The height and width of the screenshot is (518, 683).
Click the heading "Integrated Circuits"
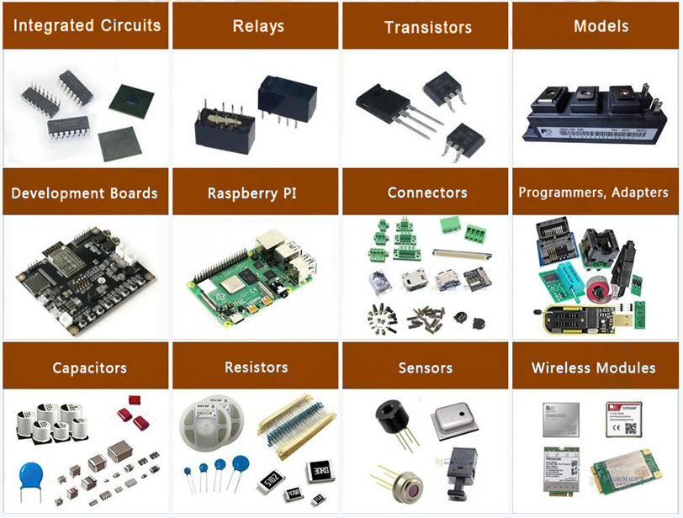87,25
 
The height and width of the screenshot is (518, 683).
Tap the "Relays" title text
257,26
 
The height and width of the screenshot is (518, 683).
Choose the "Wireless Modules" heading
593,367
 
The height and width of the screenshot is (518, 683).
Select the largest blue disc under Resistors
240,463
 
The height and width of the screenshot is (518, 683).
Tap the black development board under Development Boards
84,269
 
